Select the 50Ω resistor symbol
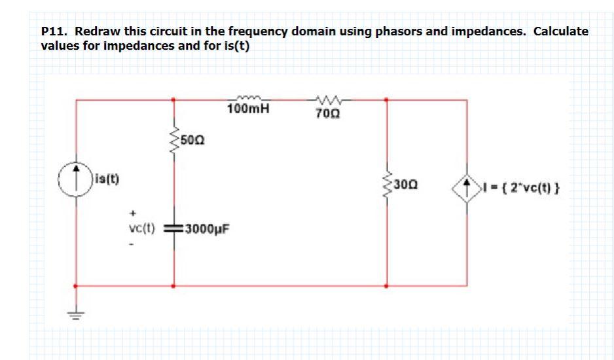click(173, 139)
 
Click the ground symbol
click(77, 314)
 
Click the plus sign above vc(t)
click(133, 213)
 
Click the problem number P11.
click(53, 31)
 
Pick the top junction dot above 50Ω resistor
click(173, 100)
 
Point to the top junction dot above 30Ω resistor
click(386, 100)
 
